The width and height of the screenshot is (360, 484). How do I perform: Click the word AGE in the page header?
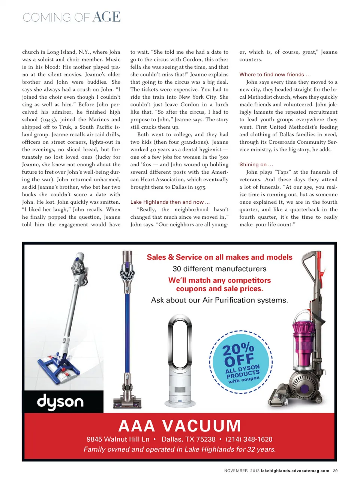pos(106,17)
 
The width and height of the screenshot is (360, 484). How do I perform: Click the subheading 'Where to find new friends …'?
pos(275,75)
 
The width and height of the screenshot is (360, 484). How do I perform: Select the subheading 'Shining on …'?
pos(256,164)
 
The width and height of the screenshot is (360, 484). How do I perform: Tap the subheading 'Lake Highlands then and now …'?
pos(170,202)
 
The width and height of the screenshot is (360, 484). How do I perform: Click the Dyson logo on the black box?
pos(60,402)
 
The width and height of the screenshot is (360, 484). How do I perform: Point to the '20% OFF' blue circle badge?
pos(241,362)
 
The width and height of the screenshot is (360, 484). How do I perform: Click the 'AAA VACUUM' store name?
pos(180,426)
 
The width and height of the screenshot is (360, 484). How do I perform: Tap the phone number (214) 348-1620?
pos(249,439)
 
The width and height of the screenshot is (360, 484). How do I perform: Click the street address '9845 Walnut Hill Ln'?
pos(118,439)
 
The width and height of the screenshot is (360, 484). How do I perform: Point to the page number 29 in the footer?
pos(335,470)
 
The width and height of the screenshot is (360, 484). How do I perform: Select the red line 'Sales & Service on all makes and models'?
pos(219,257)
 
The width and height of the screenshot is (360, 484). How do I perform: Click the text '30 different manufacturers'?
pos(219,269)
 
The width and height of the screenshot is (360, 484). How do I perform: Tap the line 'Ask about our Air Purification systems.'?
pos(219,300)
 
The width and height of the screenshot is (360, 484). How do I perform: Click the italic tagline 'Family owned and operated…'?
pos(180,449)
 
